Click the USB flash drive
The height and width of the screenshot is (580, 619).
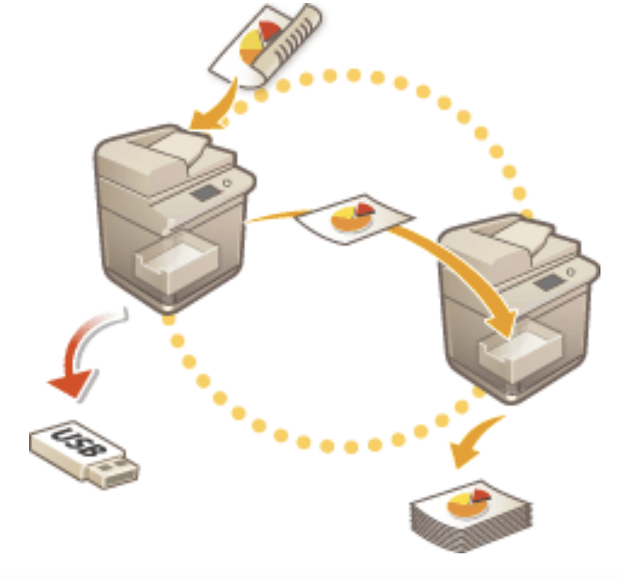click(x=84, y=454)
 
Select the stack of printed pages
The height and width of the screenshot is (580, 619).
click(x=472, y=516)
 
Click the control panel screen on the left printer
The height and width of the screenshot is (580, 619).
click(x=205, y=193)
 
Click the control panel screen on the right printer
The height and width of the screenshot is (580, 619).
click(x=549, y=283)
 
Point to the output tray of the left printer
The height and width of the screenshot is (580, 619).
click(x=176, y=261)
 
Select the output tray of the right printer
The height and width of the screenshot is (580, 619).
click(x=521, y=352)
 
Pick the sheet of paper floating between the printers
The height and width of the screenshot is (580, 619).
click(x=354, y=219)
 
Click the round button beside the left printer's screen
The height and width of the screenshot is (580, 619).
click(x=227, y=183)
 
